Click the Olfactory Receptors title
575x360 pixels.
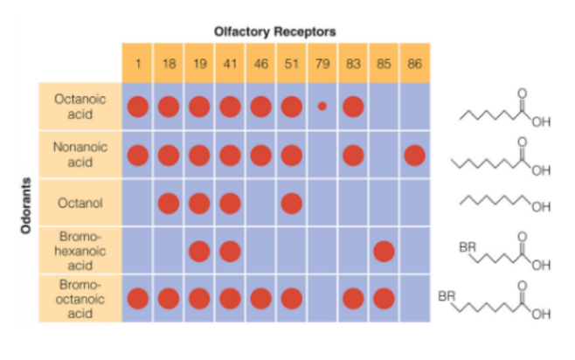(x=275, y=31)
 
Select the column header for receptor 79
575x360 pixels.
(x=322, y=63)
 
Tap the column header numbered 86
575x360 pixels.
(x=414, y=63)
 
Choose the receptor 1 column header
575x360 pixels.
(x=138, y=63)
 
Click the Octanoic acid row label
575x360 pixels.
(x=80, y=107)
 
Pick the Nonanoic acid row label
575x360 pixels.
(x=80, y=156)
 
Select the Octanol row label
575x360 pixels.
(x=80, y=204)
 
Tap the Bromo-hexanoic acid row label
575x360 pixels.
(x=80, y=251)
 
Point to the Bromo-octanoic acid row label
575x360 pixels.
(x=80, y=299)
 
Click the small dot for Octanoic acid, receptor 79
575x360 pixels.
(x=322, y=107)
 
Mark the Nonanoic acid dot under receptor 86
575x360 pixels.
(x=414, y=156)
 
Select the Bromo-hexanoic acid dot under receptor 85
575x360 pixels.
(x=383, y=251)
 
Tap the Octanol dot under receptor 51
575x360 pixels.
(x=291, y=204)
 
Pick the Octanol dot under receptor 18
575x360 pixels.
(x=169, y=204)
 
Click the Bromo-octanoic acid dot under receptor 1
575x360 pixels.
(x=138, y=298)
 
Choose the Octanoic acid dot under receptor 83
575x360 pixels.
(x=352, y=107)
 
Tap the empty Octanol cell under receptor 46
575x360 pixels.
(x=260, y=204)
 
